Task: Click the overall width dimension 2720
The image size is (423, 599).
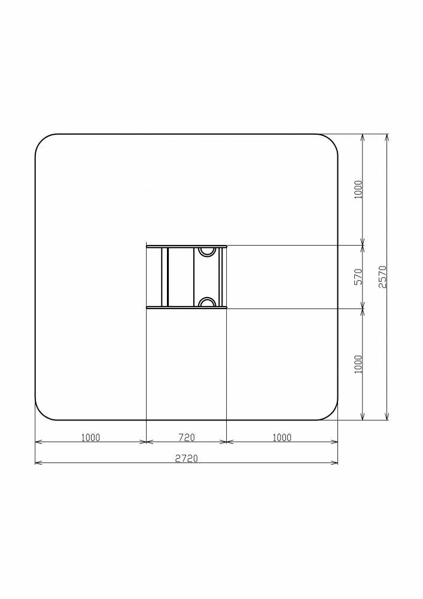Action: [187, 458]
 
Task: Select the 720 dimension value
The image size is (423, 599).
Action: [187, 437]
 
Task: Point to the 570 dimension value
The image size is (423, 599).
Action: [358, 277]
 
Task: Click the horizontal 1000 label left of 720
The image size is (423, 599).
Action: [90, 437]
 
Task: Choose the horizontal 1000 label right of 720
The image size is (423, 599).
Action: [282, 437]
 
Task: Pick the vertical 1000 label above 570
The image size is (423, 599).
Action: [358, 190]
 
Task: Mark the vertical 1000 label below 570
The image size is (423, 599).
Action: [358, 364]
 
